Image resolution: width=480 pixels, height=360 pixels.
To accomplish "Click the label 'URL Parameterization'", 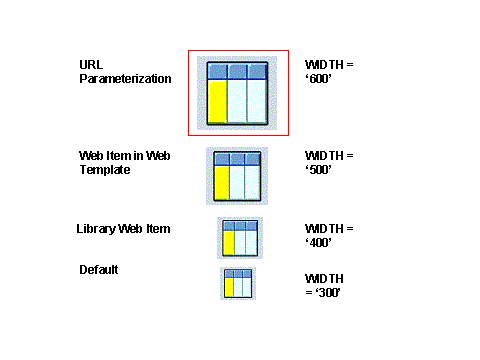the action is coord(125,71).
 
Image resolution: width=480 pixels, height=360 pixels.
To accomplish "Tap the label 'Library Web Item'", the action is coord(123,229).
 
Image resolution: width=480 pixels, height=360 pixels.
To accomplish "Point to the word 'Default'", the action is coord(99,269).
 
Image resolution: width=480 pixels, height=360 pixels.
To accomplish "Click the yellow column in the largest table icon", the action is coord(217,102).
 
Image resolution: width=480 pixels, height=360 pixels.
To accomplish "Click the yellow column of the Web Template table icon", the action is coord(222,183).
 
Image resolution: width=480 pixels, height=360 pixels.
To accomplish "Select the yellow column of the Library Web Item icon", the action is coord(228,243).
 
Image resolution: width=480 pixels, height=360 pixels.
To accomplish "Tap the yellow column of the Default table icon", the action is coord(230,287).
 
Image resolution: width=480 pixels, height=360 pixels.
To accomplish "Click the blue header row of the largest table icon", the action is coord(238,71).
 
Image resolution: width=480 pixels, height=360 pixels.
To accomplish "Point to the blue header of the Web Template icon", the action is coord(238,158).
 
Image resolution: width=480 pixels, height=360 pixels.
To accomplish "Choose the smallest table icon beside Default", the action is coord(238,283).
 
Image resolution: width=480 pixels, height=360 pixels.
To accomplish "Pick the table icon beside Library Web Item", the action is coord(240,238).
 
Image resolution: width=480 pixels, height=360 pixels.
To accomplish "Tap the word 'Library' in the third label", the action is coord(96,229).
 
